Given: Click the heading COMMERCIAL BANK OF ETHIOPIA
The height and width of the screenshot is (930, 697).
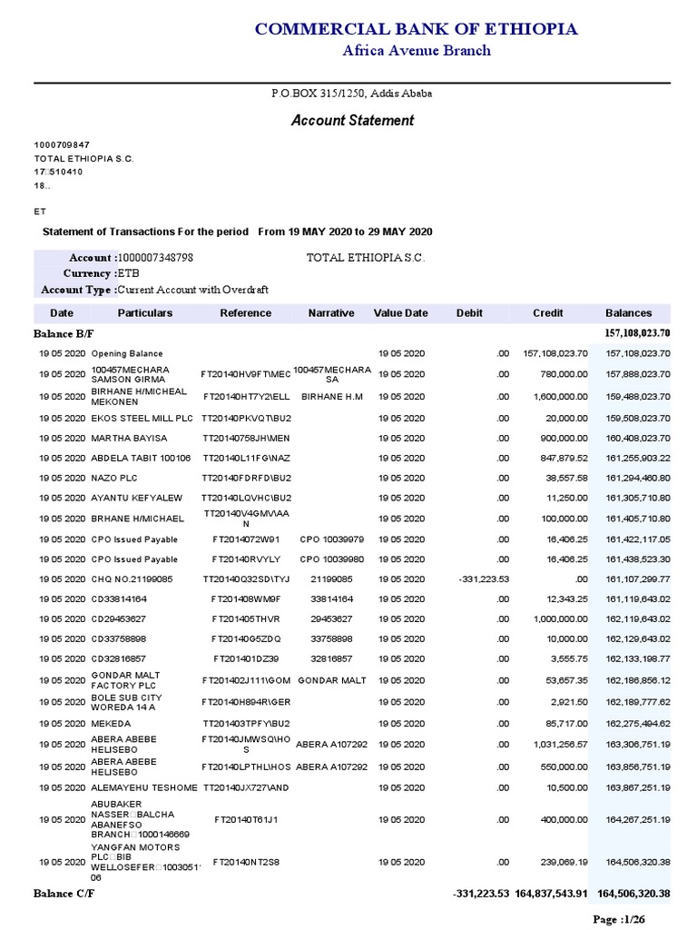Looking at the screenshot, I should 416,29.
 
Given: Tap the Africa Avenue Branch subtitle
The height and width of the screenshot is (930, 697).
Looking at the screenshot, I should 416,51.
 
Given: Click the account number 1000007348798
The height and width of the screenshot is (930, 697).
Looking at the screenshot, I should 155,258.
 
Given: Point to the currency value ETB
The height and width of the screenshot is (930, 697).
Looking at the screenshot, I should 129,273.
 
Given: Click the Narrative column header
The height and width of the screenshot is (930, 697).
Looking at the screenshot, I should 331,313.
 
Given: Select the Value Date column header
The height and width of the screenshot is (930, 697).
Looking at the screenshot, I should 400,313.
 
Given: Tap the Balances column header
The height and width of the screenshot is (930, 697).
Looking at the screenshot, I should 628,313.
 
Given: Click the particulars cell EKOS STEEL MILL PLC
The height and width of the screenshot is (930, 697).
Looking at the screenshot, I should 142,418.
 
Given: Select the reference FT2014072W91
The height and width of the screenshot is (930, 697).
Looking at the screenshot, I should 246,539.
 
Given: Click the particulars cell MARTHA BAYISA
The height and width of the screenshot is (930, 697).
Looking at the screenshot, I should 129,438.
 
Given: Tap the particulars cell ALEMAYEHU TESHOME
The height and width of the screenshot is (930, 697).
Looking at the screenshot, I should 144,787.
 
